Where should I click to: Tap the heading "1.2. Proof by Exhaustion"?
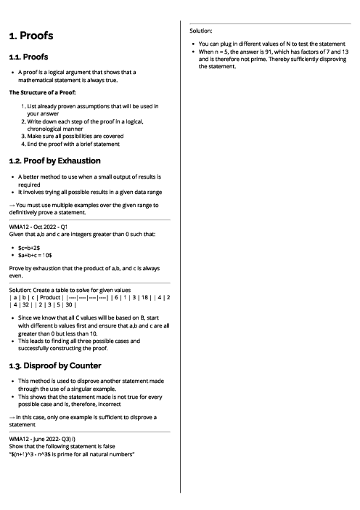[x=55, y=161]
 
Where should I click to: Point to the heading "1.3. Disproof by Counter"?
[x=55, y=365]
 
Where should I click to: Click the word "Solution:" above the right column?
[x=200, y=31]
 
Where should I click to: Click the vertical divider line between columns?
[x=180, y=254]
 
